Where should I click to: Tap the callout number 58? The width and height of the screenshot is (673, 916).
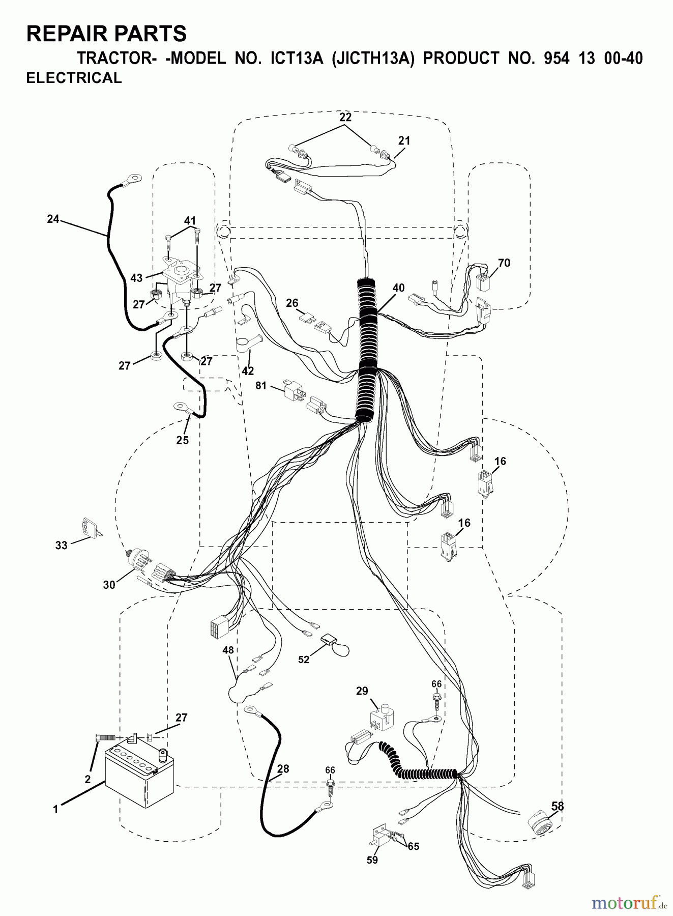[557, 806]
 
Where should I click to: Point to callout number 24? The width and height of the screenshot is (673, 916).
[53, 219]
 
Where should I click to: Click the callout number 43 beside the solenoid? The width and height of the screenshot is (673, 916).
[136, 278]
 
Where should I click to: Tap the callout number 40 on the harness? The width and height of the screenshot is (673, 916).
[398, 288]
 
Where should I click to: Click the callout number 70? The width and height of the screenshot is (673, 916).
[504, 263]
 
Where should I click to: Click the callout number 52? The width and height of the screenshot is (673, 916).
[304, 660]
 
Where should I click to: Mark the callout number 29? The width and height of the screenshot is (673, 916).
[362, 691]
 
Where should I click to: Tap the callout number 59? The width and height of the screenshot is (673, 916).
[372, 860]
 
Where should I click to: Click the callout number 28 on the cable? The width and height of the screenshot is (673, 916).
[283, 769]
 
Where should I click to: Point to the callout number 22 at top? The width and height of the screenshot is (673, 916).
[345, 117]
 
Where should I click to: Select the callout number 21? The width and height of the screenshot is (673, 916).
[404, 140]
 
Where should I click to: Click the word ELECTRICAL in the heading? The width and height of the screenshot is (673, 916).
[74, 78]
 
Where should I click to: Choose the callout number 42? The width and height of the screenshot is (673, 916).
[248, 371]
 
